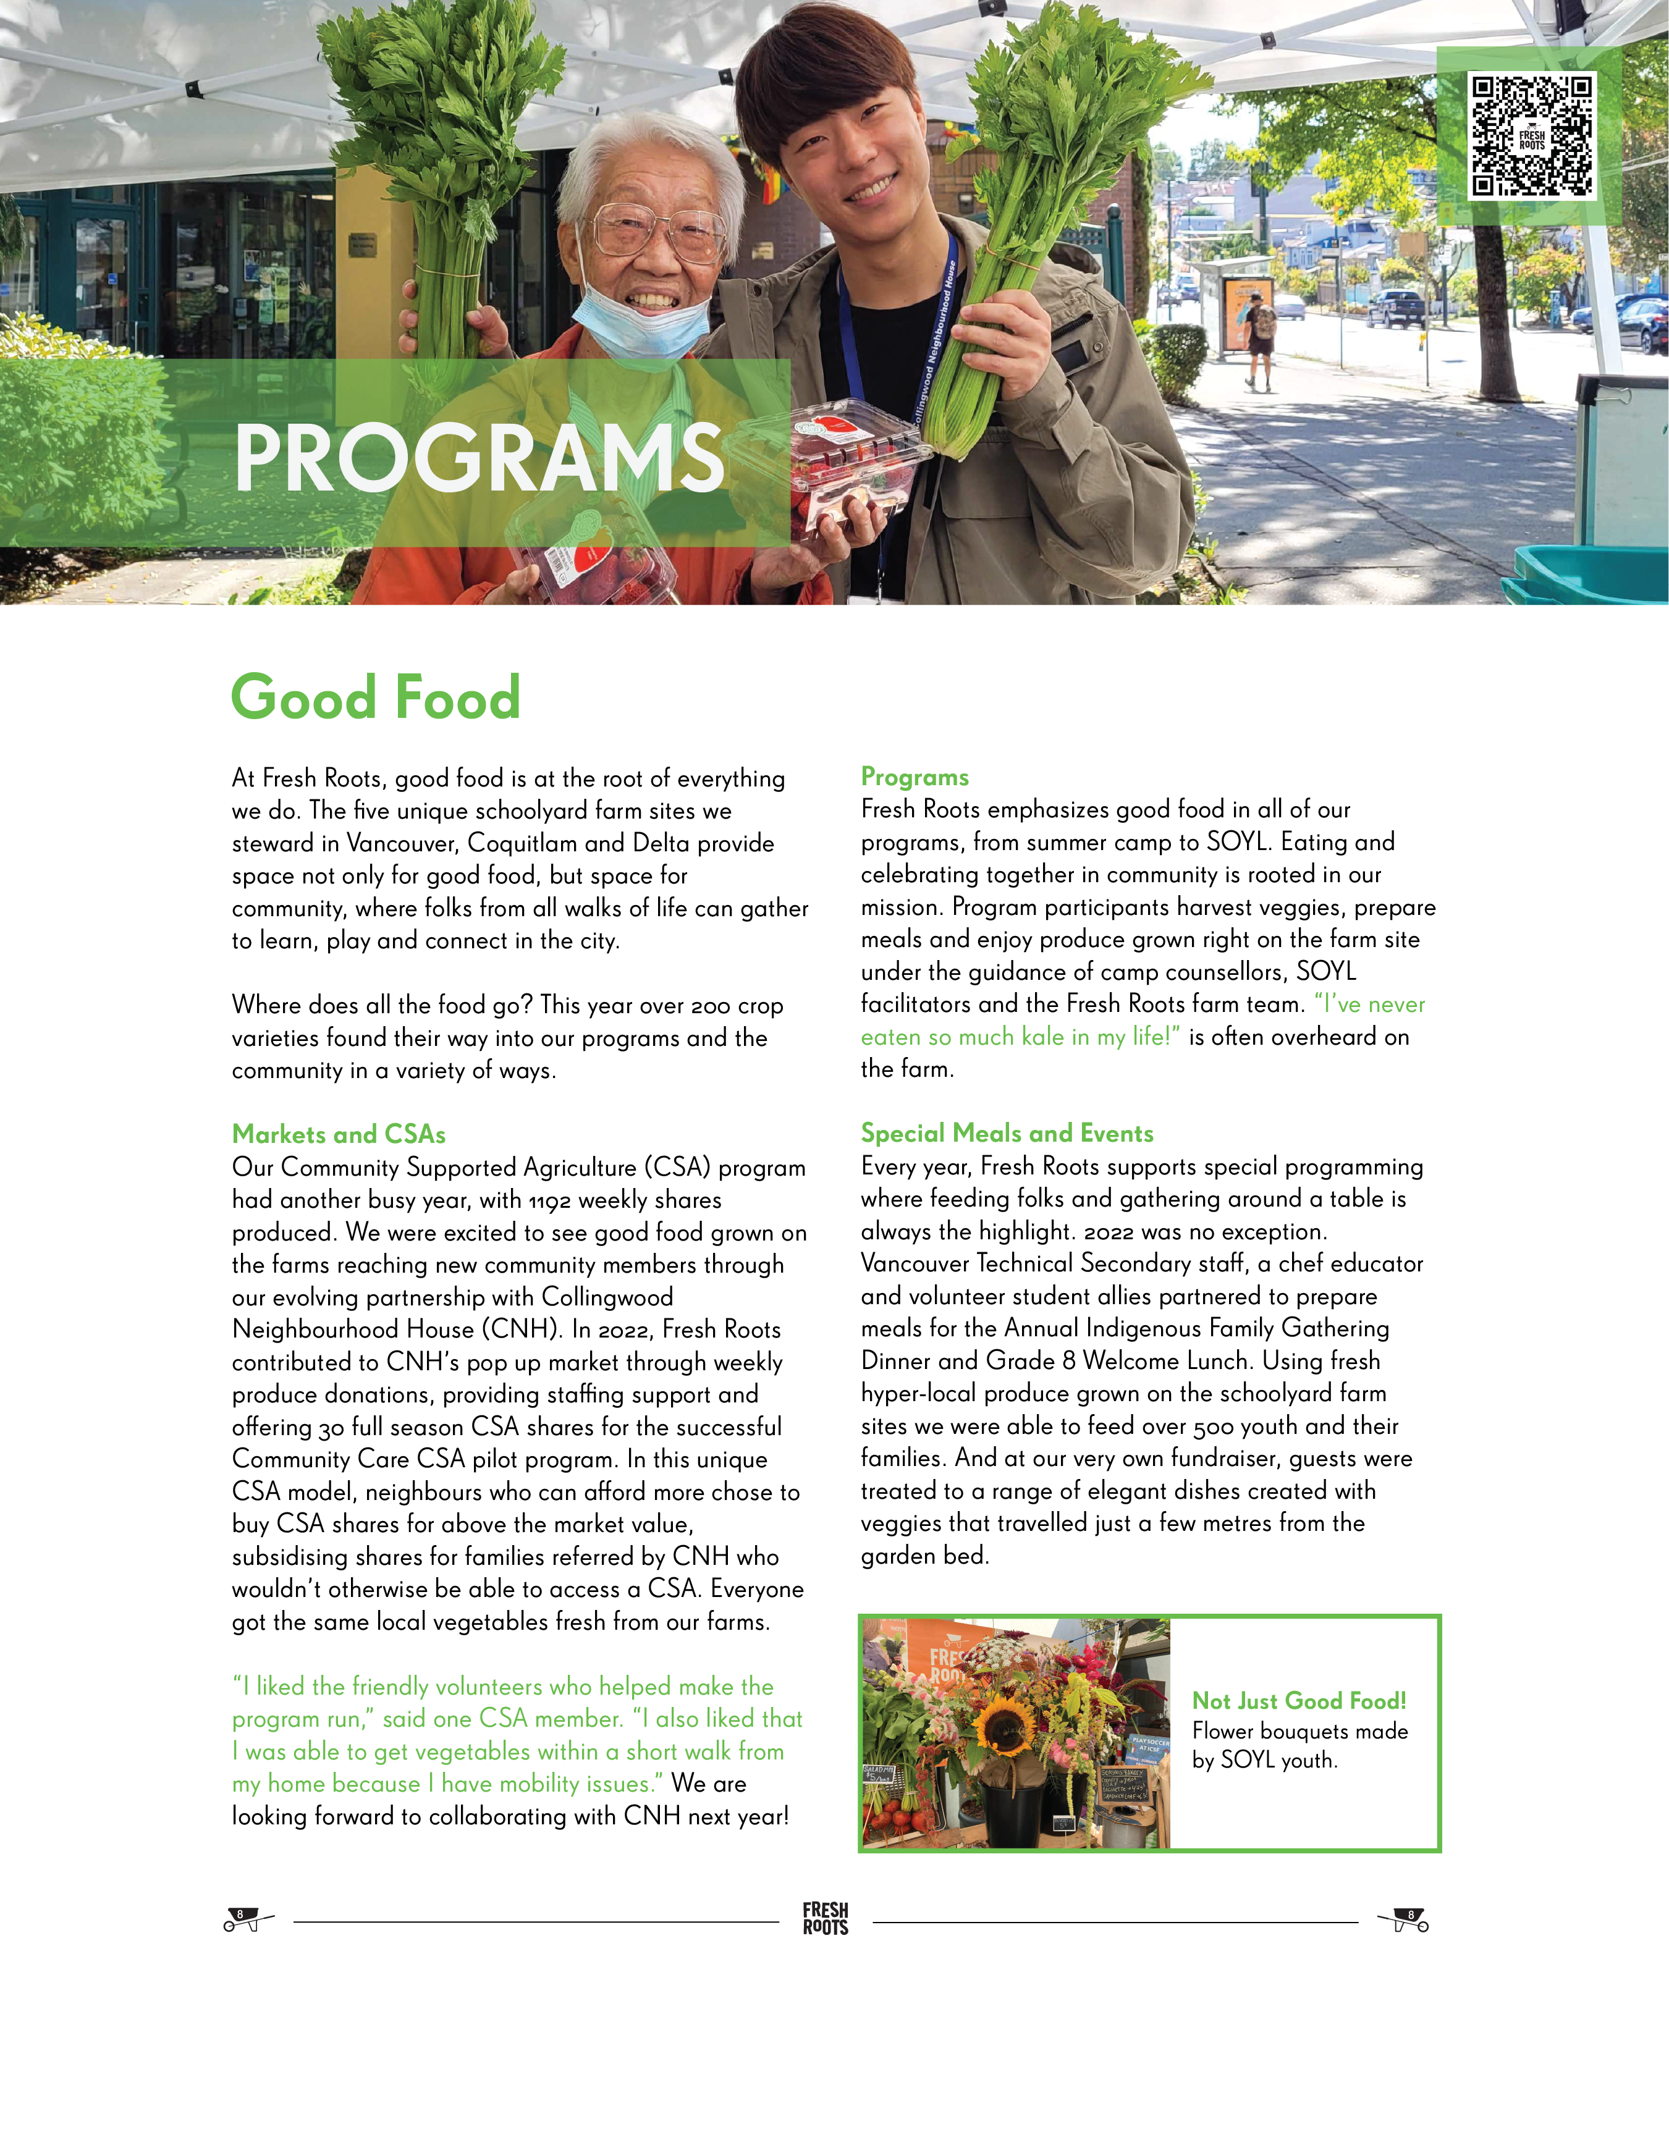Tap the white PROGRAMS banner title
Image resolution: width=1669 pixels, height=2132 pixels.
(479, 458)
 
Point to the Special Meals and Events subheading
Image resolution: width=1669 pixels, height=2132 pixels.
(1007, 1134)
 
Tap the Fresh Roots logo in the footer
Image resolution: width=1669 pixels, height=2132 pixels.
(825, 1918)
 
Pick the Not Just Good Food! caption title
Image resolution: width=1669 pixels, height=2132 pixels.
(1299, 1701)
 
